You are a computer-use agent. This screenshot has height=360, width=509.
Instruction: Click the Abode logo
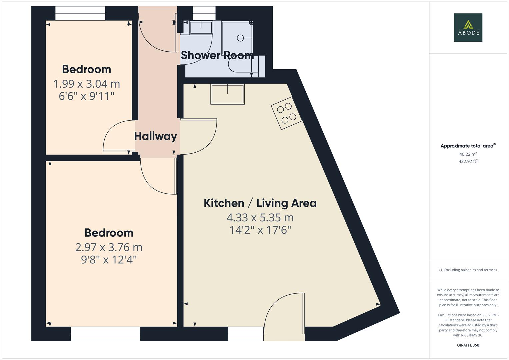click(468, 27)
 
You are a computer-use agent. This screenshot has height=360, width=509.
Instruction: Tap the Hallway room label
click(155, 136)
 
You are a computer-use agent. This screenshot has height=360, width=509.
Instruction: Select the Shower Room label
click(217, 55)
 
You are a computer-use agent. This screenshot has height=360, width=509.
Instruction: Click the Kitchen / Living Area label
click(260, 203)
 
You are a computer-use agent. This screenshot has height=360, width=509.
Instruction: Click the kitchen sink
click(227, 94)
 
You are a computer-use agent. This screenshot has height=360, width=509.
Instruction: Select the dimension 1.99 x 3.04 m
click(87, 84)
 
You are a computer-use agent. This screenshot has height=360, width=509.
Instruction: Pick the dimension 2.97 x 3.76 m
click(109, 247)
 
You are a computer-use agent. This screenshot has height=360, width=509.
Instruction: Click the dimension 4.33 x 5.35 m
click(260, 218)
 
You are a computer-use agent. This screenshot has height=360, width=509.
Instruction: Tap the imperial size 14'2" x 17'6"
click(260, 230)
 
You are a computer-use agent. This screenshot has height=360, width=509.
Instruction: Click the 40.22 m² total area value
click(468, 154)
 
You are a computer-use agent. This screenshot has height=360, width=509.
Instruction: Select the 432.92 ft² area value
click(468, 161)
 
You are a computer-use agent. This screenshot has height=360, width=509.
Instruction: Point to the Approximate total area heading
click(468, 146)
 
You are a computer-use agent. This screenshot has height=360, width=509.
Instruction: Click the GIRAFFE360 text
click(468, 345)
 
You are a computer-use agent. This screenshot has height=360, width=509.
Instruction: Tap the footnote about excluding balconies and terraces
click(468, 270)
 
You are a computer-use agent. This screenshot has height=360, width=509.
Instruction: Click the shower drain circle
click(240, 38)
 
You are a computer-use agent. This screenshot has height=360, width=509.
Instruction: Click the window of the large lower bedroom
click(105, 334)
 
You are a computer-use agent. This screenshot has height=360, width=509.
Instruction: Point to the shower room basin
click(201, 28)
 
